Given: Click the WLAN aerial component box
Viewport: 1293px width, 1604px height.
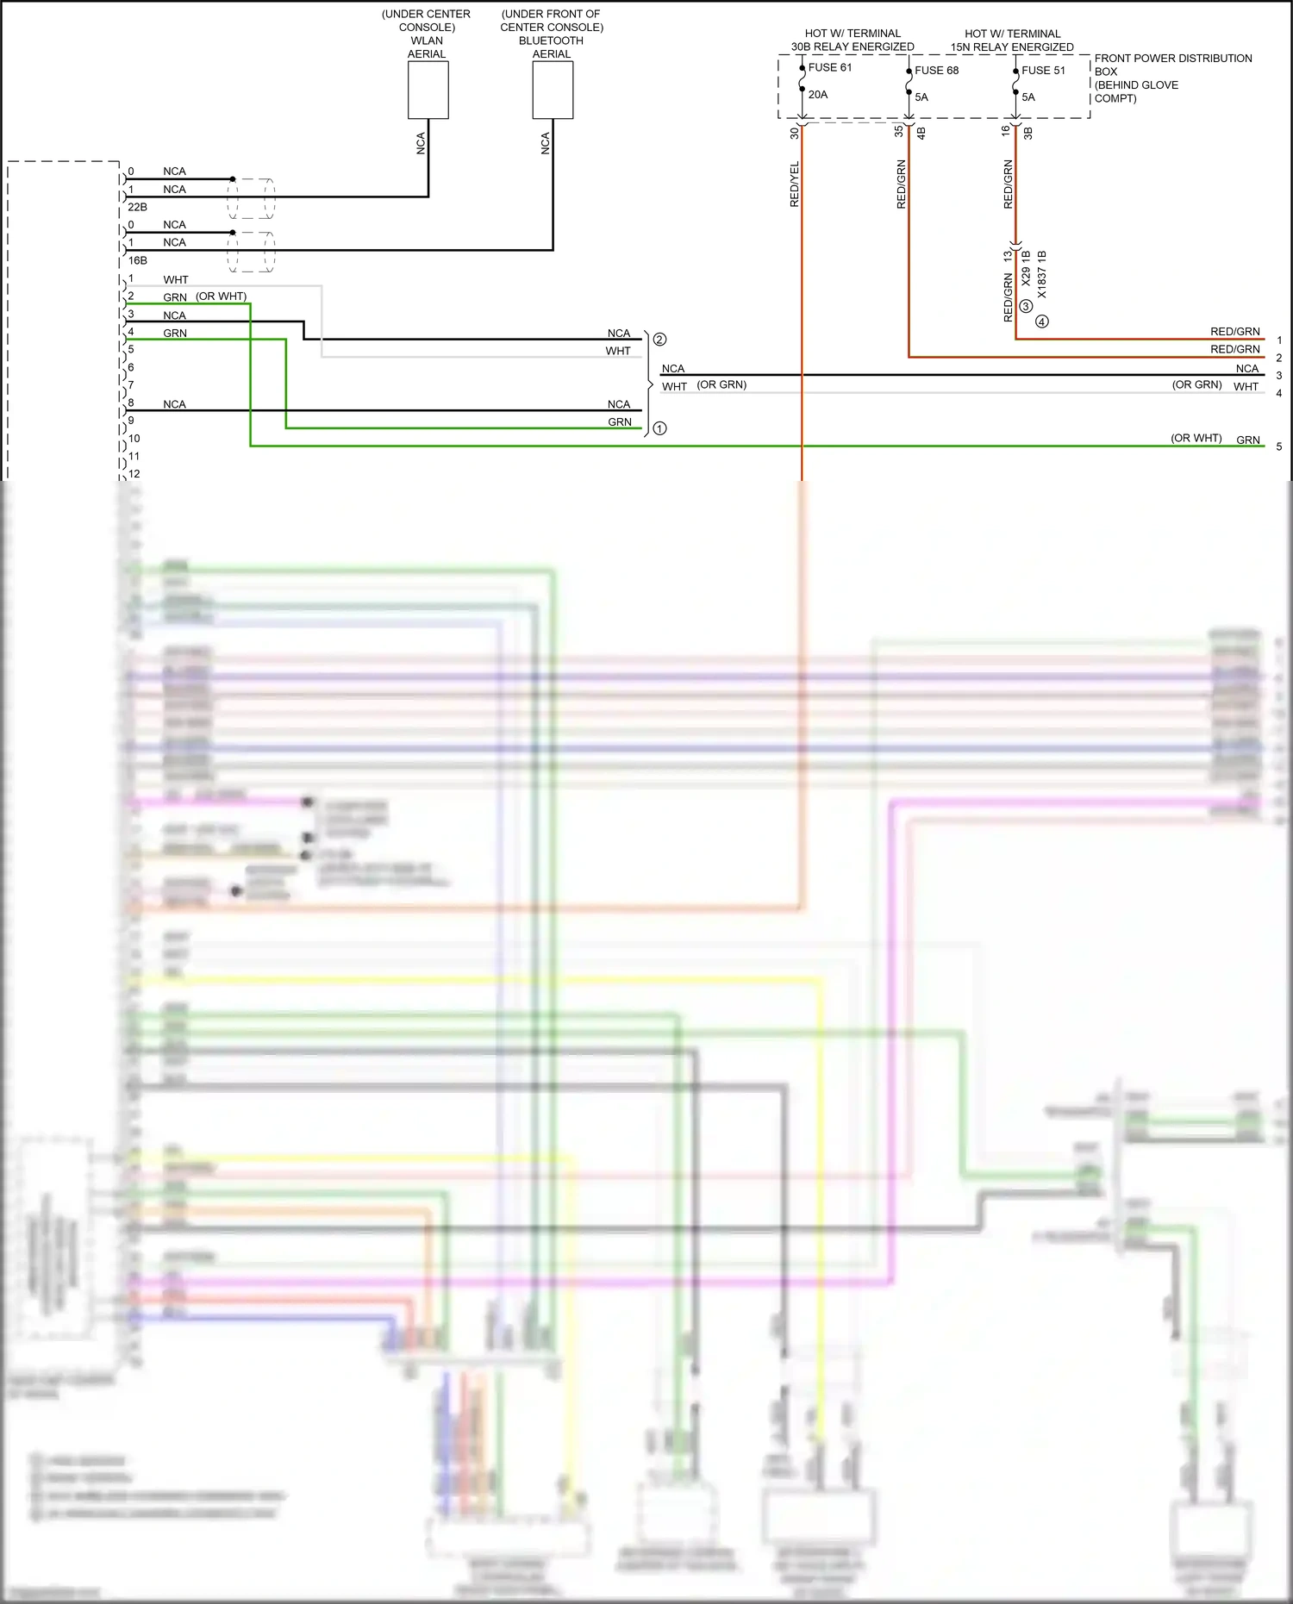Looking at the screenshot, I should click(x=428, y=90).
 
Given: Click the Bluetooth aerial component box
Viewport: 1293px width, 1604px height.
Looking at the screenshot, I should click(x=553, y=90).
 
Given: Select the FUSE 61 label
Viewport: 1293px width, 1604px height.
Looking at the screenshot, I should click(x=829, y=67).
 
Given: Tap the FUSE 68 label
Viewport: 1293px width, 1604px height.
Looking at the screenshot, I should click(x=936, y=71).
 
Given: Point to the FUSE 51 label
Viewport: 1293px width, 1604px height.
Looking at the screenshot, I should click(x=1043, y=71).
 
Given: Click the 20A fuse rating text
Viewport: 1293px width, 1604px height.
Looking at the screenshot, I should click(x=817, y=95).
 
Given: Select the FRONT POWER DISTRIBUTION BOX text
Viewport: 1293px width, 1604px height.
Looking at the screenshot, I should click(x=1172, y=59).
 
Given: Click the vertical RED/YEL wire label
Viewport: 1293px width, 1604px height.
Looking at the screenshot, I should click(x=795, y=184).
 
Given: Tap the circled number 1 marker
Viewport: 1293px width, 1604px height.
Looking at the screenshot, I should click(x=659, y=428).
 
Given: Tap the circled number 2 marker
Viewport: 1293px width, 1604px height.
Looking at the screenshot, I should click(x=659, y=340).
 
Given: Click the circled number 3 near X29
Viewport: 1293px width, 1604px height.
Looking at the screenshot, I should click(x=1025, y=306).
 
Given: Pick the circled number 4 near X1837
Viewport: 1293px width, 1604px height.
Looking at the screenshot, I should click(x=1042, y=321).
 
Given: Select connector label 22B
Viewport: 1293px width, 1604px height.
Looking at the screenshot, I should click(x=137, y=207).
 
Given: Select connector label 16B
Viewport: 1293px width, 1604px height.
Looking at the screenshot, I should click(x=137, y=260).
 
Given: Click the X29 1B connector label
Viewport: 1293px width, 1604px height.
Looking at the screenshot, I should click(x=1026, y=268).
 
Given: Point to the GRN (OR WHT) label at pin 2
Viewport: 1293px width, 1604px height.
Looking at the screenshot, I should click(x=204, y=296).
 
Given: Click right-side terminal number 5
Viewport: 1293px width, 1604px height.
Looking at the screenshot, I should click(x=1278, y=446).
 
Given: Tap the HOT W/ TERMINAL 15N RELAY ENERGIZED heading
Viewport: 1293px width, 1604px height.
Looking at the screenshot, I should click(x=1012, y=41).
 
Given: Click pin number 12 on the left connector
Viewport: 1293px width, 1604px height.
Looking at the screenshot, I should click(x=134, y=474).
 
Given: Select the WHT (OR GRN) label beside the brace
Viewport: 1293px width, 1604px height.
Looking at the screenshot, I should click(x=703, y=385).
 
